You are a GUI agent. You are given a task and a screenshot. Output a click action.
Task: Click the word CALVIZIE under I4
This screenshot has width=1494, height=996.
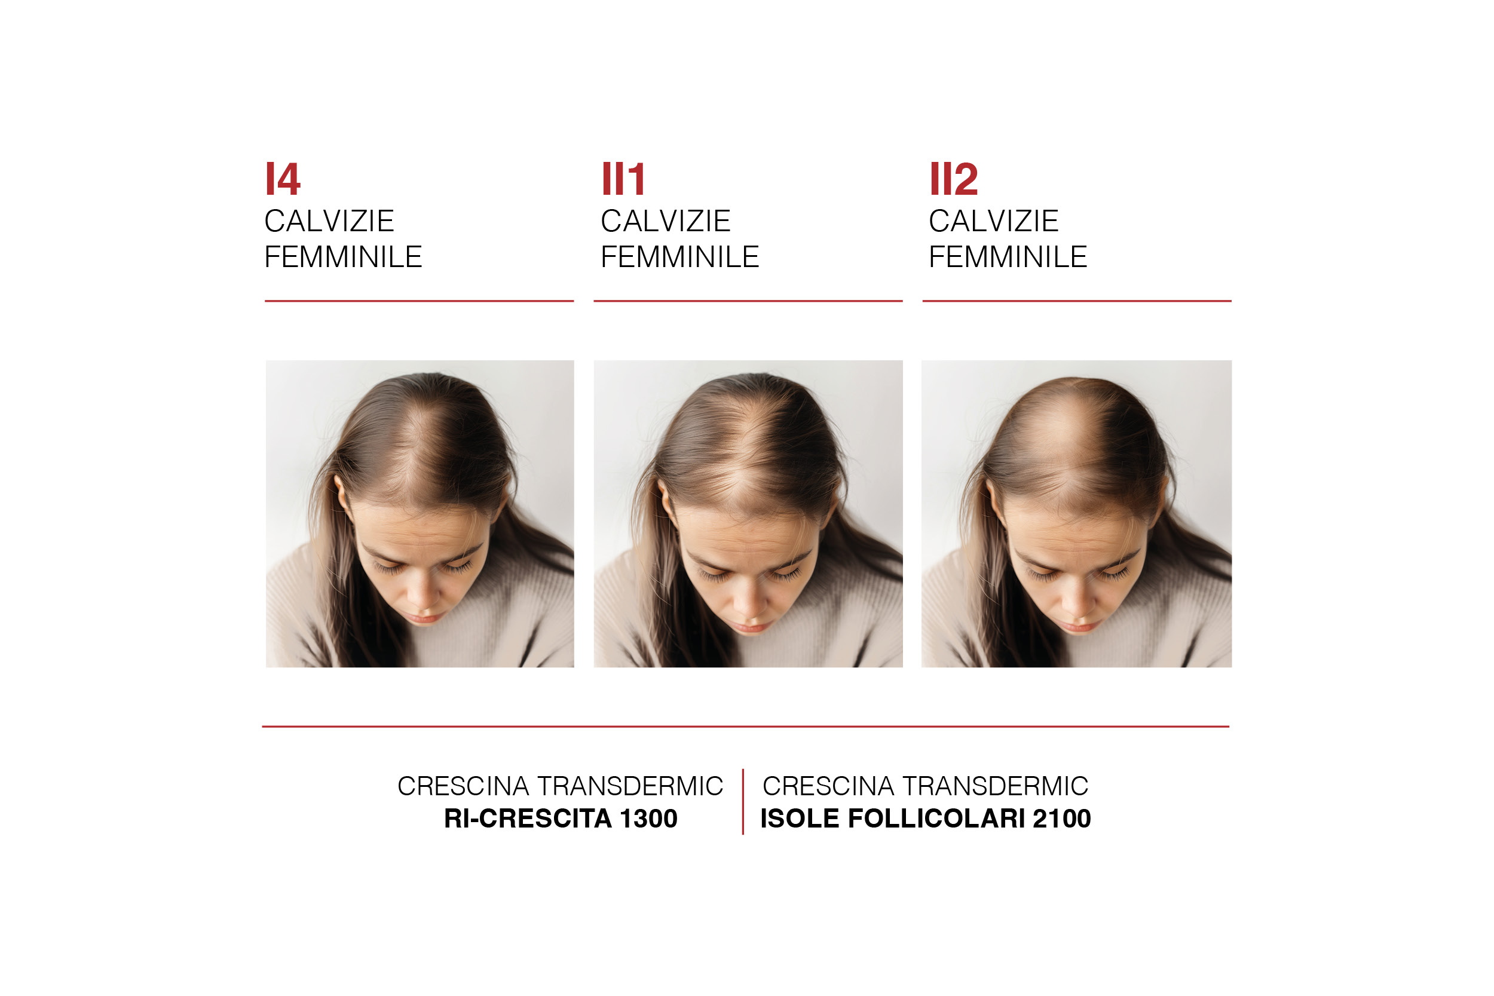329,221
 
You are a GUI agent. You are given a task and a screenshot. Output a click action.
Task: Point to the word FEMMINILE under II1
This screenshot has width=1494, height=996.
679,257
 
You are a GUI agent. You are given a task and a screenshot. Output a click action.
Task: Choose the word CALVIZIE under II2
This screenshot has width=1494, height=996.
993,221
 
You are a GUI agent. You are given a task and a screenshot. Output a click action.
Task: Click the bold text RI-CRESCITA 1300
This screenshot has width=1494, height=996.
561,818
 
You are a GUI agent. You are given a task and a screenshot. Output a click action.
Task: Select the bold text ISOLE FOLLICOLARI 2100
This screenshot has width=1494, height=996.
926,818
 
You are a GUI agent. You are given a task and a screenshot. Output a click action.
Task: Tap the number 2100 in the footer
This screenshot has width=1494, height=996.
1061,818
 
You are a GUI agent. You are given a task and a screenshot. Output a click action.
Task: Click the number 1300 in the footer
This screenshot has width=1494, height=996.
648,818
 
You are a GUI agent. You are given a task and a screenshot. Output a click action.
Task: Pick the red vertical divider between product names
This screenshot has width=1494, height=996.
743,802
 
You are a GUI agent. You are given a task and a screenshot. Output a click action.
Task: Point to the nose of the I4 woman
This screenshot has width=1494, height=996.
420,594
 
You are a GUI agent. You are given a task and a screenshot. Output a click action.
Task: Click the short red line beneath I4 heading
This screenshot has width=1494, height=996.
420,301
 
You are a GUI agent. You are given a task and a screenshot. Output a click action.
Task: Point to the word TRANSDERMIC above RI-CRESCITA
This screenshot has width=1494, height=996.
630,786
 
